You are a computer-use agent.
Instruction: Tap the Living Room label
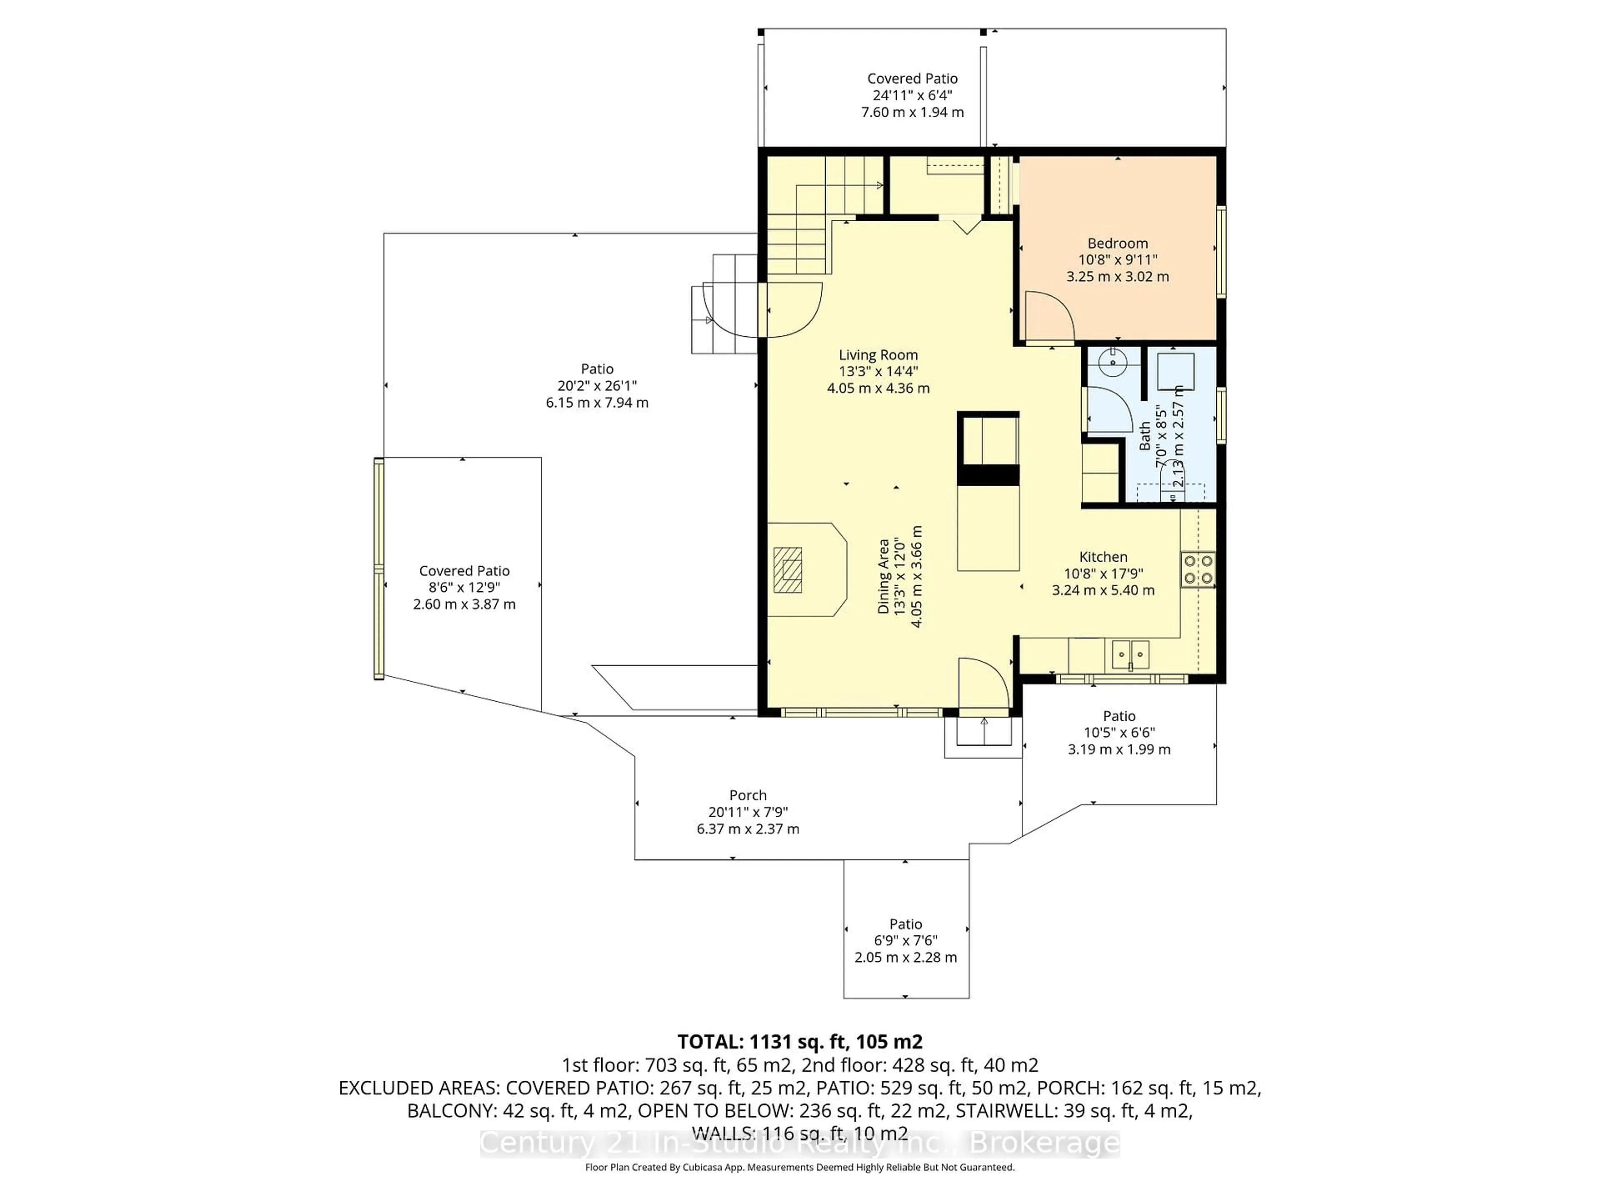point(878,355)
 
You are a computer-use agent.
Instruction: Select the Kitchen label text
point(1102,557)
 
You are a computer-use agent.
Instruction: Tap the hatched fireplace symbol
point(787,570)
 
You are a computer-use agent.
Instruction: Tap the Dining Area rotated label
point(883,577)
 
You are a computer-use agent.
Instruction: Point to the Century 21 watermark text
point(799,1144)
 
